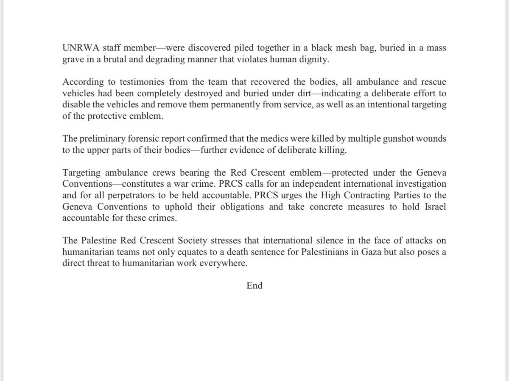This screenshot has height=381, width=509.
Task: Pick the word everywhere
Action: [225, 263]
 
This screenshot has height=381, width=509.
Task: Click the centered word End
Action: [255, 286]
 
